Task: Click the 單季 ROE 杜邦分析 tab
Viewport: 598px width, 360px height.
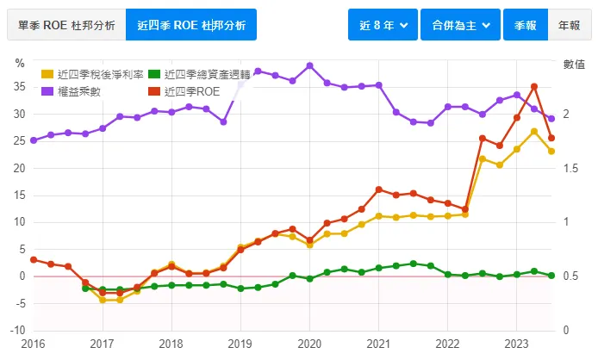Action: coord(66,25)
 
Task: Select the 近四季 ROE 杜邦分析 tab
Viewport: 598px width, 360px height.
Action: coord(191,25)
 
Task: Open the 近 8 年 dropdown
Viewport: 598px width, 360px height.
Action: coord(383,25)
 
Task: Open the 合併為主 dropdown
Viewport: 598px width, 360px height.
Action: coord(461,25)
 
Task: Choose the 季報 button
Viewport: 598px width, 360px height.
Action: coord(525,25)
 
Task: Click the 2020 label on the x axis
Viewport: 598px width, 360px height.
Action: coord(309,343)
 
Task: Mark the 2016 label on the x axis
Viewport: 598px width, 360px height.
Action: coord(33,343)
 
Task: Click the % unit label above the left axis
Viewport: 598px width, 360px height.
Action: coord(20,63)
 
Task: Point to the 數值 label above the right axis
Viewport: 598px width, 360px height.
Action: coord(574,63)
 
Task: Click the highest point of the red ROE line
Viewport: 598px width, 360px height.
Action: coord(534,86)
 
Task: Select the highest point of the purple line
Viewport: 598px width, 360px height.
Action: coord(309,65)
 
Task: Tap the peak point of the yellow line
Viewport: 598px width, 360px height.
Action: coord(534,132)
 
